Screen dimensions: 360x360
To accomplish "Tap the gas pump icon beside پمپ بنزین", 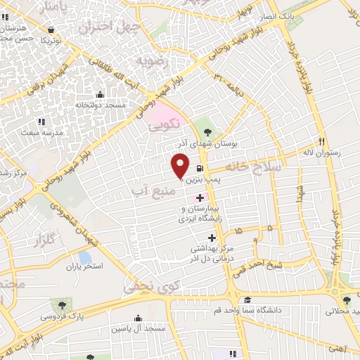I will pyautogui.click(x=202, y=169).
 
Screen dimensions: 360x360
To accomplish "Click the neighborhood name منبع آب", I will pyautogui.click(x=148, y=190).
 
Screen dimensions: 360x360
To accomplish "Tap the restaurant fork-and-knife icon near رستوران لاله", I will pyautogui.click(x=321, y=140).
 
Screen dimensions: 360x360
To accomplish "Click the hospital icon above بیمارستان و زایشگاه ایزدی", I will pyautogui.click(x=200, y=199).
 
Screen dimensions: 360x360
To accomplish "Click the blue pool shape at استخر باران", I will pyautogui.click(x=84, y=257).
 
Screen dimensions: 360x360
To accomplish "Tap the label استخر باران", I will pyautogui.click(x=84, y=268).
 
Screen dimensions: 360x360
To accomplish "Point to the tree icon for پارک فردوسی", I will pyautogui.click(x=64, y=306).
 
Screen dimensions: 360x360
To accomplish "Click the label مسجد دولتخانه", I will pyautogui.click(x=100, y=105).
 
